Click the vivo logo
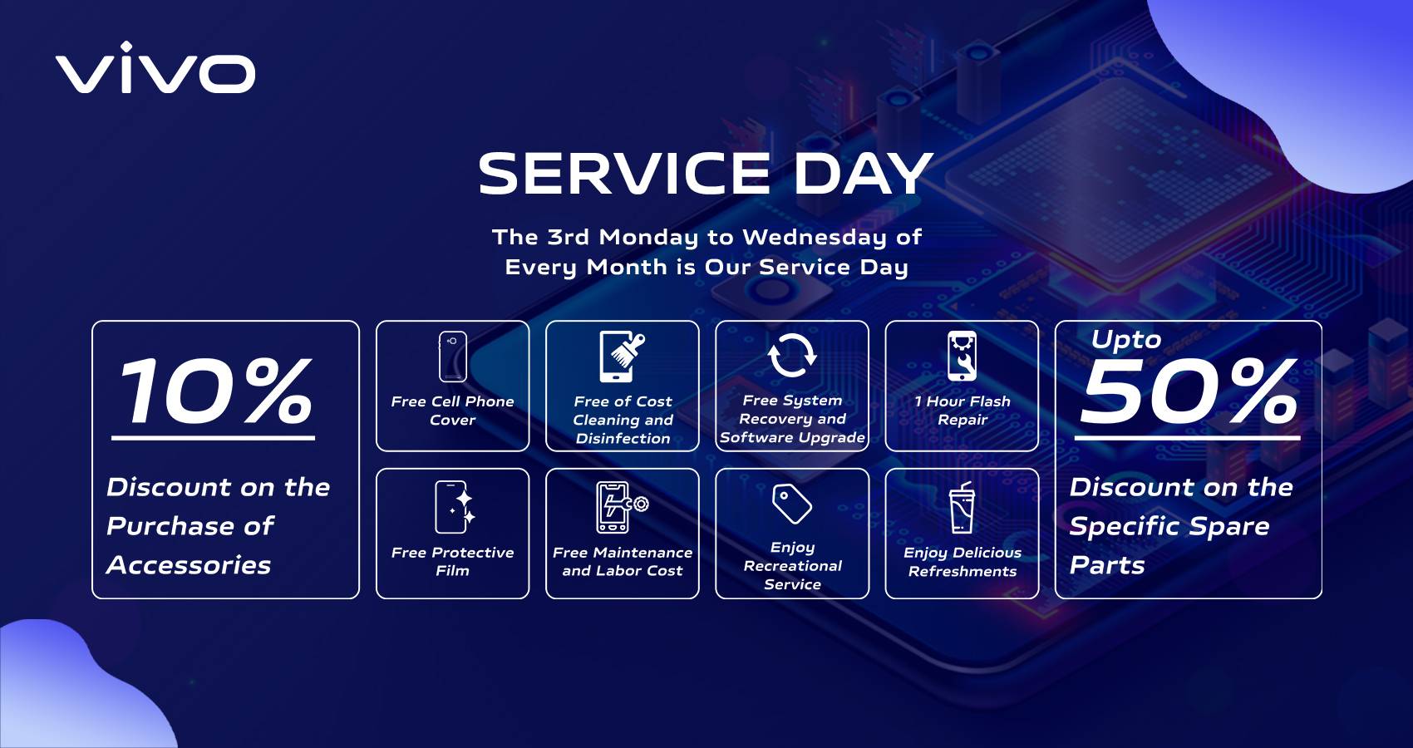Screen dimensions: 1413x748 [155, 67]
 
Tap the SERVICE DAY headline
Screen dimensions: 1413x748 [705, 174]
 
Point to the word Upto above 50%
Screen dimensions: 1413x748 [1126, 340]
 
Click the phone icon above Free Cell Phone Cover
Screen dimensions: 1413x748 [453, 357]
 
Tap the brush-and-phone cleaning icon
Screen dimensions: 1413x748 [622, 357]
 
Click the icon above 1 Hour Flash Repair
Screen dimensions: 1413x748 [962, 356]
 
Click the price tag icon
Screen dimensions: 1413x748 [792, 504]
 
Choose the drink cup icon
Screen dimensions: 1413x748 [962, 508]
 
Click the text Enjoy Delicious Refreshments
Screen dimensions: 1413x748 [962, 561]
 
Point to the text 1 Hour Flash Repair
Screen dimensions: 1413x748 [962, 410]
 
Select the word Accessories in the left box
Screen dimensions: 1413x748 [189, 565]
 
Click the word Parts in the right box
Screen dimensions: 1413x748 [1107, 565]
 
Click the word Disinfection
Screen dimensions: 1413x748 [623, 438]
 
